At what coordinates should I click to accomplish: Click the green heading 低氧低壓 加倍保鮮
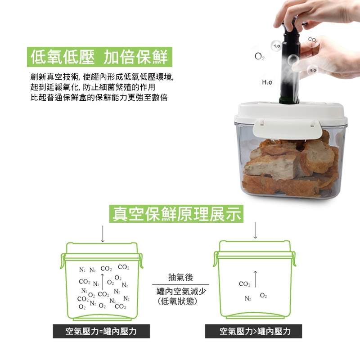(99, 57)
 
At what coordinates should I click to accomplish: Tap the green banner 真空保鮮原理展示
(176, 214)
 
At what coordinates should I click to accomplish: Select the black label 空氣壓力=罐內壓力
(101, 331)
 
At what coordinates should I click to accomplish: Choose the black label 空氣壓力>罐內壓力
(253, 331)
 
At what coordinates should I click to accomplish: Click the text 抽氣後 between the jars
(180, 277)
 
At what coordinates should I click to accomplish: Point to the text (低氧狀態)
(177, 301)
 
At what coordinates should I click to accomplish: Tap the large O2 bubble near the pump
(260, 57)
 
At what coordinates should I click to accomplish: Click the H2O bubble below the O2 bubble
(267, 82)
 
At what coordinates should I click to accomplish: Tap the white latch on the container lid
(287, 129)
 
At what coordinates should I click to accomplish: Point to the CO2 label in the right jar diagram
(244, 284)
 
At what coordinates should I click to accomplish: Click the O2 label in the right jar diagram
(264, 296)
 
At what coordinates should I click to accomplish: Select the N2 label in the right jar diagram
(248, 298)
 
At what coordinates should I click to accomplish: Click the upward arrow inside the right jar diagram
(255, 279)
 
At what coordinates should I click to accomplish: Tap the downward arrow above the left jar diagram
(103, 234)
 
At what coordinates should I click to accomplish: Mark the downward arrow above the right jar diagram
(255, 230)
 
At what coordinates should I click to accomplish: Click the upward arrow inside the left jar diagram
(103, 282)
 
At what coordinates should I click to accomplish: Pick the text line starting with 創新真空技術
(102, 77)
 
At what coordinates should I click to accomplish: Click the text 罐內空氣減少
(181, 291)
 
